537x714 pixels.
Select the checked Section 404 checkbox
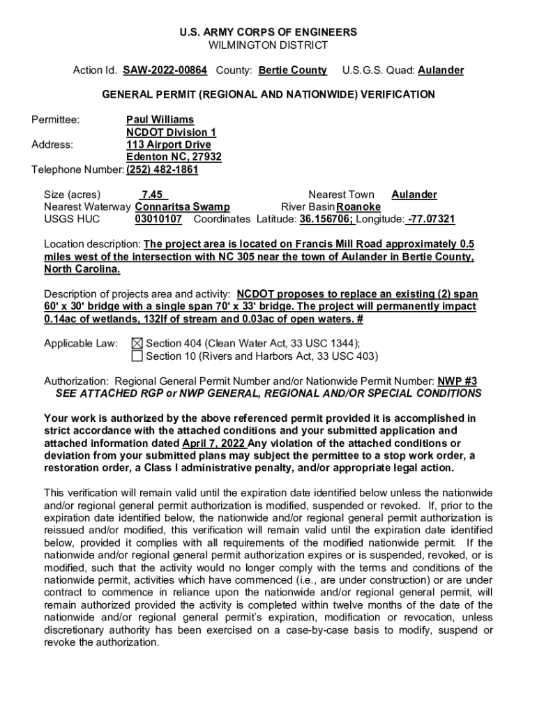tap(137, 343)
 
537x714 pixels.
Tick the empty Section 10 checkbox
tap(137, 356)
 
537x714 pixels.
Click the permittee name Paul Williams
tap(160, 120)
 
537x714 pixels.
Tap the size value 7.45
tap(151, 195)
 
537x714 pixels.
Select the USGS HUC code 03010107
tap(158, 220)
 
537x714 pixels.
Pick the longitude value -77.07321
tap(431, 220)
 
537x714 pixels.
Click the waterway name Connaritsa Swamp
tap(182, 207)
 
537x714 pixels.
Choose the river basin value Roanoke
tap(358, 207)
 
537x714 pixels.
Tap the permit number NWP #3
tap(457, 381)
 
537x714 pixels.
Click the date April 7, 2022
tap(214, 443)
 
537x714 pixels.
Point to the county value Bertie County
tap(292, 70)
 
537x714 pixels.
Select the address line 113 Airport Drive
tap(168, 145)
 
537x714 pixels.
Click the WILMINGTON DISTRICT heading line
tap(268, 45)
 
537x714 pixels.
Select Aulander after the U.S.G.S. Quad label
tap(441, 70)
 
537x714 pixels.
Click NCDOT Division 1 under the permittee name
tap(171, 132)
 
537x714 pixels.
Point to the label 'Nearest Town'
tap(341, 195)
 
